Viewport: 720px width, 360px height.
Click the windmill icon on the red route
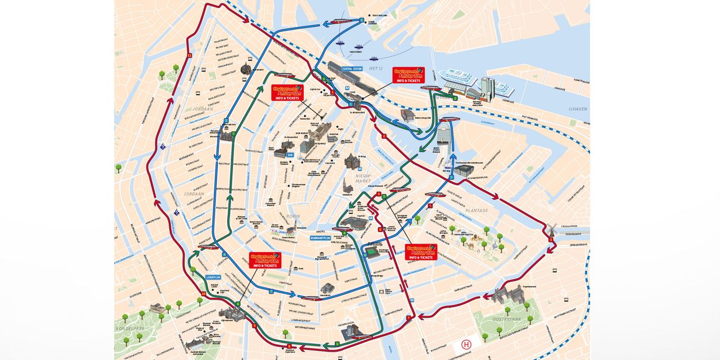(x=552, y=229)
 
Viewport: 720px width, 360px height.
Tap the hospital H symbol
(x=466, y=344)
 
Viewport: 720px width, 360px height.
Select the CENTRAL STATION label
(x=353, y=69)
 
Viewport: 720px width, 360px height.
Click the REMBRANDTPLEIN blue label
(x=323, y=238)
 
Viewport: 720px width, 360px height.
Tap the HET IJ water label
(x=376, y=68)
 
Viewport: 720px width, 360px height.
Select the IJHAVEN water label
(x=578, y=109)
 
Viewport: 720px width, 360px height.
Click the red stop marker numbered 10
(x=203, y=293)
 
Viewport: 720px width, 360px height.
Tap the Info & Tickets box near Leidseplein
(x=265, y=260)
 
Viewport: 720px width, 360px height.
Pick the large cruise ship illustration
(x=457, y=79)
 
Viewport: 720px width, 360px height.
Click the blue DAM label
(x=290, y=154)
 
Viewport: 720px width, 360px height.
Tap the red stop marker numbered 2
(x=384, y=136)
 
